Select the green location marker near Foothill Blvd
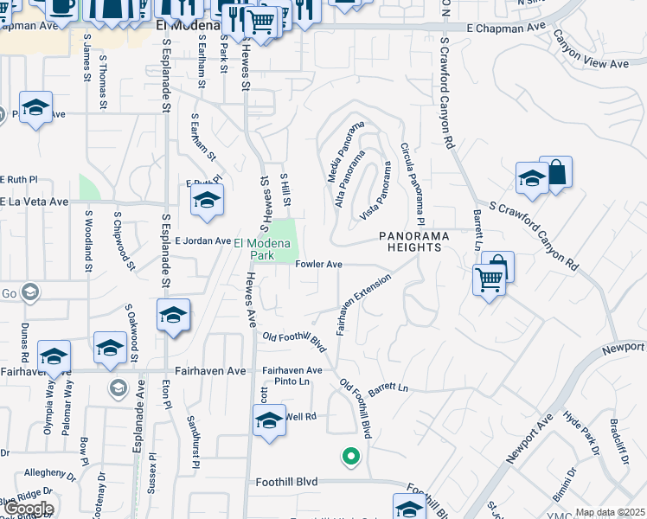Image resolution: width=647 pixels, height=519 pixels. tap(350, 456)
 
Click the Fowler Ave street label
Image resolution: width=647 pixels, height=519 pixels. tap(319, 265)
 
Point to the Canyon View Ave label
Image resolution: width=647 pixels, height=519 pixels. tap(590, 51)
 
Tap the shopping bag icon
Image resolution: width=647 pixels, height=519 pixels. tap(556, 173)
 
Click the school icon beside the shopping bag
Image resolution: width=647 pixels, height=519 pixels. tap(532, 179)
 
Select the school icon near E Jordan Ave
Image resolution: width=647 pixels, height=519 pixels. tap(207, 201)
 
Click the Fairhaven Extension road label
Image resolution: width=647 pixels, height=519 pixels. tap(364, 304)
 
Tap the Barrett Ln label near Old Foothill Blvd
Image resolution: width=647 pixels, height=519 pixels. tap(388, 389)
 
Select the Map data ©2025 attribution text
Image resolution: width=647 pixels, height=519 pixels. tap(610, 513)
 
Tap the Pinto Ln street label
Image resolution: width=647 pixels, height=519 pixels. tap(292, 381)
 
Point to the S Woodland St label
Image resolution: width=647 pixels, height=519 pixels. tap(88, 241)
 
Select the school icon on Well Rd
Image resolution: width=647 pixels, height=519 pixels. tap(269, 422)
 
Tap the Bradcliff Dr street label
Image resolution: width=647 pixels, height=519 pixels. tap(619, 442)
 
